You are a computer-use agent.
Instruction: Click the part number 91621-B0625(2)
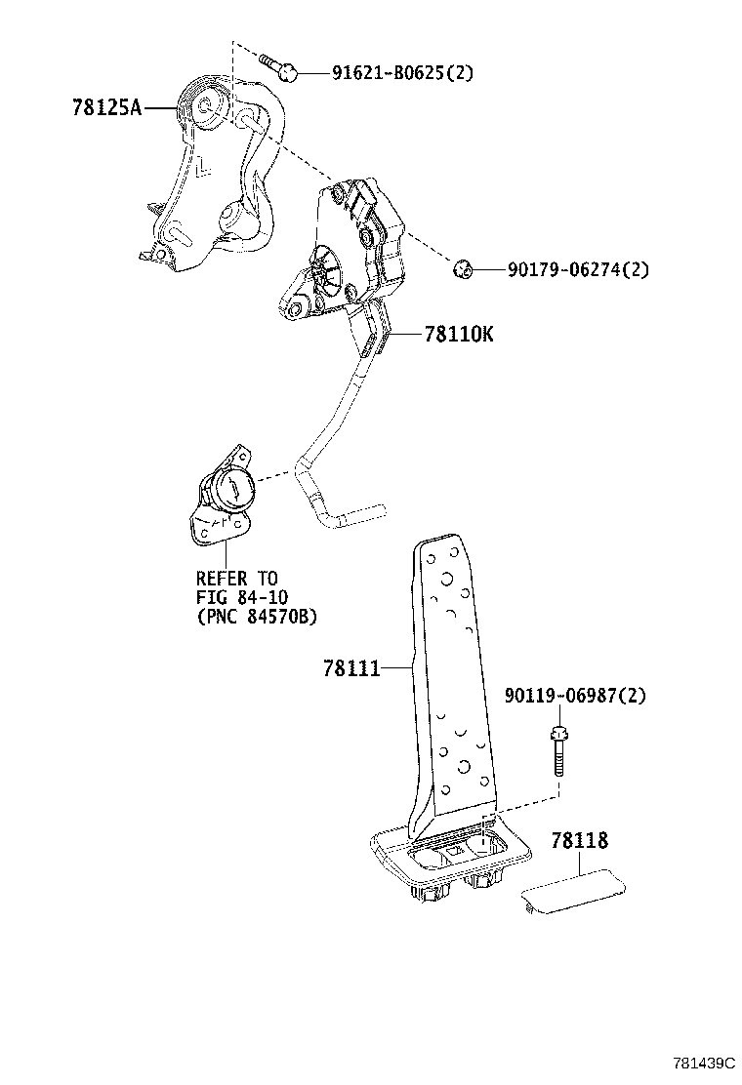tap(389, 72)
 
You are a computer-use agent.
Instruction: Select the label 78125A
tap(106, 107)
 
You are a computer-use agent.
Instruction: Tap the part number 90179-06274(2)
tap(576, 269)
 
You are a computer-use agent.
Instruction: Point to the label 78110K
tap(459, 335)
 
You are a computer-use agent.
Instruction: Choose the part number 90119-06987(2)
tap(575, 696)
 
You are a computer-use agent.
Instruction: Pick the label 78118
tap(579, 840)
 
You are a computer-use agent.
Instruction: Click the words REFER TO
tap(236, 579)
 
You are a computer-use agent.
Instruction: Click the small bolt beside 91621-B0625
tap(279, 67)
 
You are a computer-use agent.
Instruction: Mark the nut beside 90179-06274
tap(465, 268)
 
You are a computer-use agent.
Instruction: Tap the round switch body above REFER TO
tap(229, 488)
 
